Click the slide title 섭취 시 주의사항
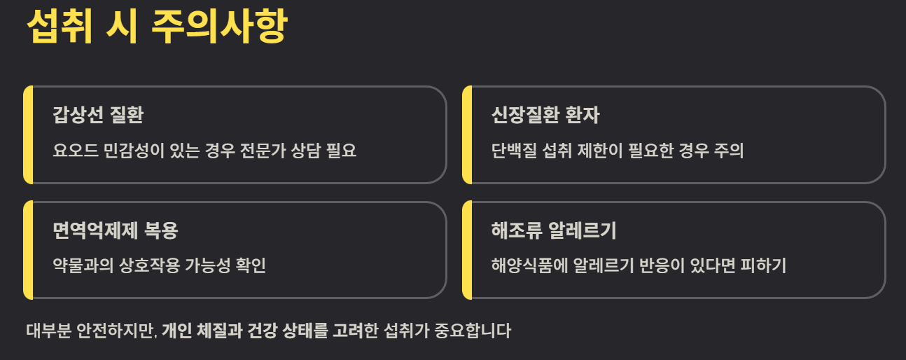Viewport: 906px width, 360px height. click(156, 28)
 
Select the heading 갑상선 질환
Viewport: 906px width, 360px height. click(98, 115)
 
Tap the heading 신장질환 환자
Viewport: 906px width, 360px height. click(545, 115)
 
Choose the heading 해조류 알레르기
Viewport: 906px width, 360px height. click(553, 230)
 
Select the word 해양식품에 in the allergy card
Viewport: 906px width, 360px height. click(527, 265)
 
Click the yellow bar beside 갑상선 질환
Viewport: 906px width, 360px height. click(28, 134)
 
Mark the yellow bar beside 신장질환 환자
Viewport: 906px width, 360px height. click(467, 134)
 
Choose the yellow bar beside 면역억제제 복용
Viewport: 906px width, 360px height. click(28, 250)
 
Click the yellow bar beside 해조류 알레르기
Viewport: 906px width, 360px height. click(467, 250)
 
